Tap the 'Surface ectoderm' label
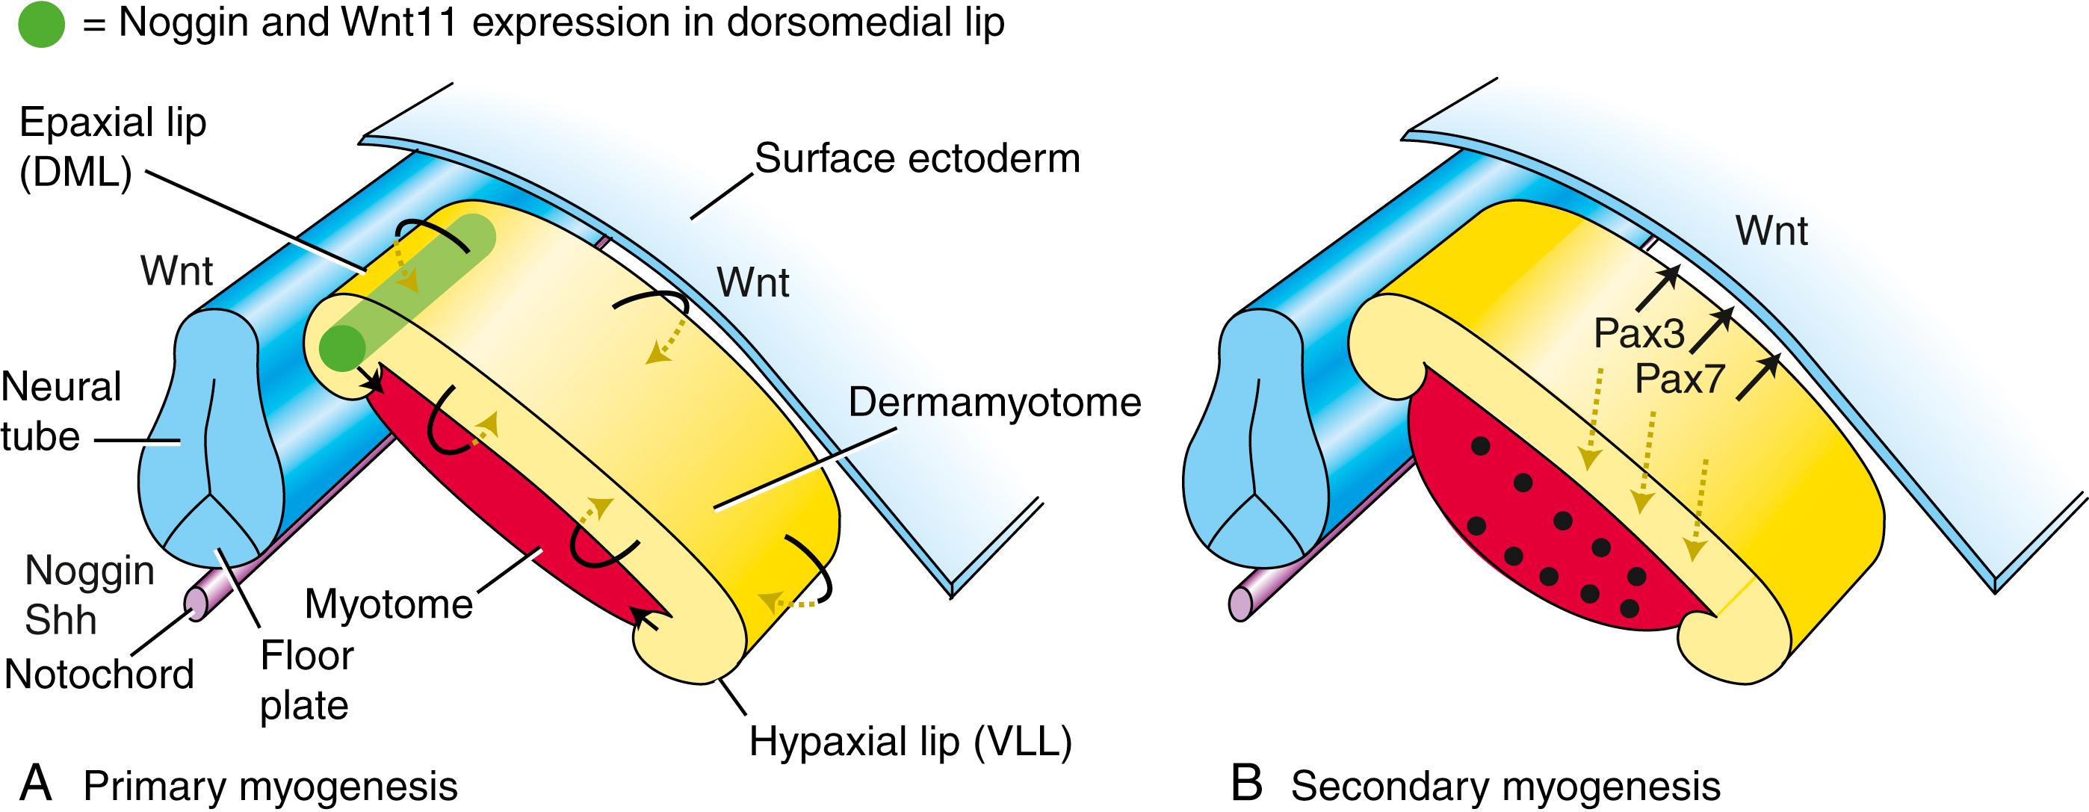[917, 158]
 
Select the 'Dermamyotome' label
[994, 403]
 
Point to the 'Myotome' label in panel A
[389, 604]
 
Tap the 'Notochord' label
[99, 674]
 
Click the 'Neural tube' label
[60, 412]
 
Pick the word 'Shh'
[60, 621]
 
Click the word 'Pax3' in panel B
[1639, 333]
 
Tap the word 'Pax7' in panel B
[1679, 379]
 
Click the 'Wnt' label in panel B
[1771, 231]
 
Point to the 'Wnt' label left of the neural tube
[176, 271]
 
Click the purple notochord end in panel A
[197, 603]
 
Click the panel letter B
[1246, 784]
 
